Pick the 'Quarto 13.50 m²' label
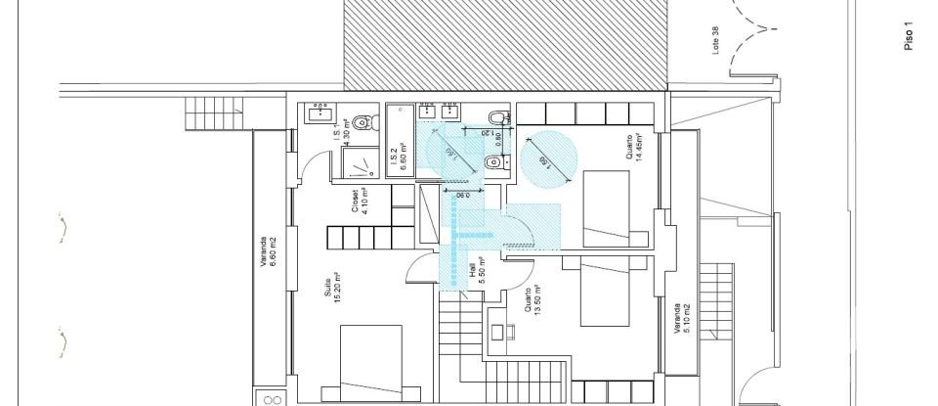click(x=532, y=302)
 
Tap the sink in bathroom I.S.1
click(x=319, y=113)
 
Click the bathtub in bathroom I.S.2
click(x=401, y=140)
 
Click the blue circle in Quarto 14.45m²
click(x=547, y=158)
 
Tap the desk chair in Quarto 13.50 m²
click(x=497, y=332)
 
